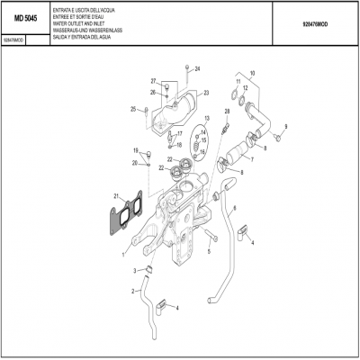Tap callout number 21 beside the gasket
coord(116,196)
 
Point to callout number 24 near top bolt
coord(197,68)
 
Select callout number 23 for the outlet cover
coord(205,93)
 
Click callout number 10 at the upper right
coord(253,73)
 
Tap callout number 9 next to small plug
coord(285,127)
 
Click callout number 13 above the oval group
coord(206,119)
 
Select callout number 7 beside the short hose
coord(252,160)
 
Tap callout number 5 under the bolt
coord(208,251)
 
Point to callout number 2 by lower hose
coord(132,290)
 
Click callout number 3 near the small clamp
coord(137,270)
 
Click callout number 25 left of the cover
coord(133,110)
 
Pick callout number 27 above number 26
coord(153,81)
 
